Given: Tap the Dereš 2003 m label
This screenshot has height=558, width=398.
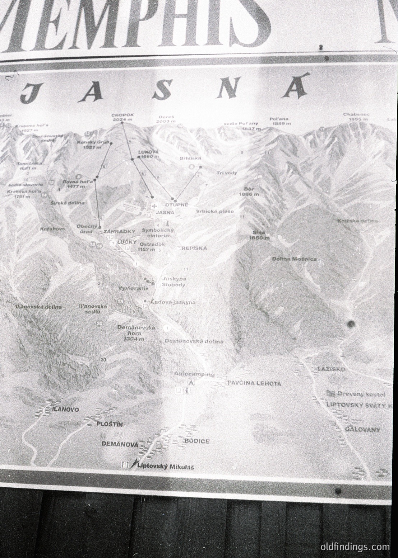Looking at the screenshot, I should point(166,119).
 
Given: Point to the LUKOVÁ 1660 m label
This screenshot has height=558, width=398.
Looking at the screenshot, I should point(148,154).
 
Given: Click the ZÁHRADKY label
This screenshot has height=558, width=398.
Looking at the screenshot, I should point(119,232).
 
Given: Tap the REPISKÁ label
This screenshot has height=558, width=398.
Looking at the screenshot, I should point(194,248).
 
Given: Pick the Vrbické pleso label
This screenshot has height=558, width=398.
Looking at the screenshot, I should point(215,211).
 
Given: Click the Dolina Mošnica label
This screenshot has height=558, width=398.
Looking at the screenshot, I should point(294,259).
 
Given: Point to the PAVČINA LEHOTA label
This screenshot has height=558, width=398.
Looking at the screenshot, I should point(254,383).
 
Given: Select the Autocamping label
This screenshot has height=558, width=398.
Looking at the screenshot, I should point(194,374).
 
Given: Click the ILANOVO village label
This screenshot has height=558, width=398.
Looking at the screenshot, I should point(65,409).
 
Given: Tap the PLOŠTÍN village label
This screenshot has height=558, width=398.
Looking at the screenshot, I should point(110,424).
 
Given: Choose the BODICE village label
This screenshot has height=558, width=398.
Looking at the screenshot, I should point(196,441).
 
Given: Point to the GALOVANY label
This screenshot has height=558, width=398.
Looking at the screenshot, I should point(362,429).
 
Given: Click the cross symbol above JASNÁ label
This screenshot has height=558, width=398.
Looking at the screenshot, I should point(154,206).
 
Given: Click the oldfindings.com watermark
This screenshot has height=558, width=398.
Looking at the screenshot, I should point(355,547).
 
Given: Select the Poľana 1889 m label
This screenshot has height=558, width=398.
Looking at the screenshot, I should point(280,121).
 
